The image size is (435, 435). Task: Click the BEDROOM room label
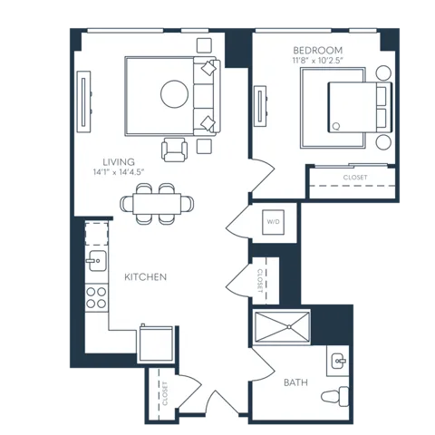click(318, 50)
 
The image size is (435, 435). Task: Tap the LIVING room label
click(119, 162)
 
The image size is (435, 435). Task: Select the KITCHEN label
click(145, 277)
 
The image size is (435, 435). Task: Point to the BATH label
click(295, 382)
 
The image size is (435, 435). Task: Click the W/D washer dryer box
click(273, 222)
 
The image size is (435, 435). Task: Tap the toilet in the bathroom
click(334, 396)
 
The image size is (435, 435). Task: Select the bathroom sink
click(339, 361)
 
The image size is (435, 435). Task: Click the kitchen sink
click(96, 260)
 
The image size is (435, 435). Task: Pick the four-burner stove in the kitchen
click(96, 298)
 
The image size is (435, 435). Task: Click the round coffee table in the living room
click(175, 94)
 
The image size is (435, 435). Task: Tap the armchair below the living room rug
click(174, 150)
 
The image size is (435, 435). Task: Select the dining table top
click(157, 204)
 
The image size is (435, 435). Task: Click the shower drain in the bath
click(289, 326)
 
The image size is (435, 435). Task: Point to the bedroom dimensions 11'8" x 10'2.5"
click(318, 61)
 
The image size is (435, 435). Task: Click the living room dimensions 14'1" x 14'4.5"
click(119, 172)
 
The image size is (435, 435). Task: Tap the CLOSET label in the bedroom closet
click(355, 178)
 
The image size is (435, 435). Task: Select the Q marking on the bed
click(335, 126)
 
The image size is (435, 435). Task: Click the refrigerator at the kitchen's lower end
click(156, 343)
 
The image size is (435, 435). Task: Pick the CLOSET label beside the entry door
click(165, 393)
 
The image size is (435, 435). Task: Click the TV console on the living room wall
click(83, 101)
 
